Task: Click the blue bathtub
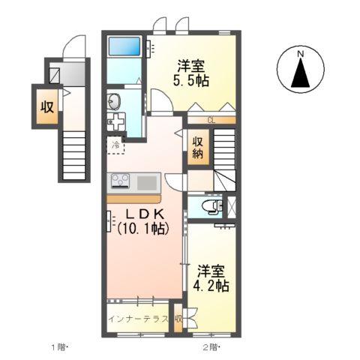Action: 124,46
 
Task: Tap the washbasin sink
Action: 114,102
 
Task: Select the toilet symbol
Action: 212,207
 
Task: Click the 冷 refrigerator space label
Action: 115,145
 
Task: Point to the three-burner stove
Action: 120,181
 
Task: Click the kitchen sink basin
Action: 147,183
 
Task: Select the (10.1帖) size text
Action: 143,229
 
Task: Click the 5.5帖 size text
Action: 191,80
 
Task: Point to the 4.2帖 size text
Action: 211,286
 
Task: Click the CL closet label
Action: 211,121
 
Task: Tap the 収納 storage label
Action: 198,148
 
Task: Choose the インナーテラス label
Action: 138,319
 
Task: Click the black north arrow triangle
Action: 301,73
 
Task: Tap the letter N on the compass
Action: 301,53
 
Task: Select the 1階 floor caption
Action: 60,347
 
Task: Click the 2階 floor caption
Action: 211,347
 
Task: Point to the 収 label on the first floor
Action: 47,107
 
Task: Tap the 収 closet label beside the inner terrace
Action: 178,319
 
